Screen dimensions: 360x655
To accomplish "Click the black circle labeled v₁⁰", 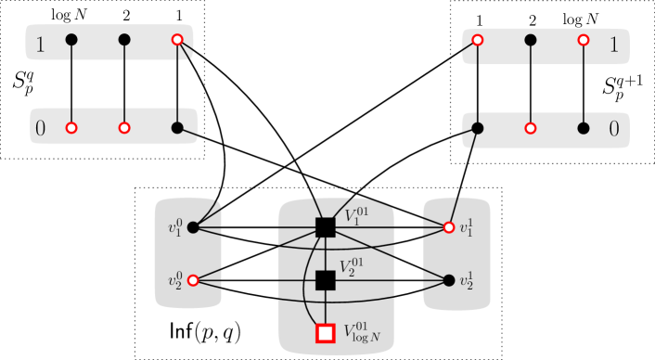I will click(x=193, y=227).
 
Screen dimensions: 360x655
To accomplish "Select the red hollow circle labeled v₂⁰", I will click(x=193, y=280).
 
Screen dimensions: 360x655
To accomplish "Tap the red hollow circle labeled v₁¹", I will click(x=449, y=227).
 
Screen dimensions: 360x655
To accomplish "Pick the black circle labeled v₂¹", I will click(x=449, y=280).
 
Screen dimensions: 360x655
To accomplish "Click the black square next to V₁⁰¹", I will click(x=325, y=227).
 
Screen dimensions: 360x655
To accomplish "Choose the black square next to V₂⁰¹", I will click(x=325, y=280).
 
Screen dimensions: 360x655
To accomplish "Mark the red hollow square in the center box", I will click(x=325, y=332).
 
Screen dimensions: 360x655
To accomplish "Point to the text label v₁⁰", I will click(x=174, y=227).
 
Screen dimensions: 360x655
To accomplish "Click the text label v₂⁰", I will click(x=174, y=280).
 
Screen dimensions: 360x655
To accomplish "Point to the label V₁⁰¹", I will click(x=356, y=217).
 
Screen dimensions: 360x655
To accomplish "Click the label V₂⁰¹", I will click(x=356, y=269).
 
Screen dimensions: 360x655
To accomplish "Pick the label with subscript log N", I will click(x=362, y=331).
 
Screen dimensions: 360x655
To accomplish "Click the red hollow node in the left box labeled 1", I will click(x=177, y=40).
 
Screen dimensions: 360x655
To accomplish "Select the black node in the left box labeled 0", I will click(x=177, y=128).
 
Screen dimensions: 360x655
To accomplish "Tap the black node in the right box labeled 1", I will click(x=530, y=40).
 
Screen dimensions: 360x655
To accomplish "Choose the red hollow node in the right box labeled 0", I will click(x=530, y=128).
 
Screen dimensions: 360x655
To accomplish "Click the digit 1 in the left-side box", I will click(x=40, y=43).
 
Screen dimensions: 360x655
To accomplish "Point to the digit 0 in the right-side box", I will click(x=613, y=130).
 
